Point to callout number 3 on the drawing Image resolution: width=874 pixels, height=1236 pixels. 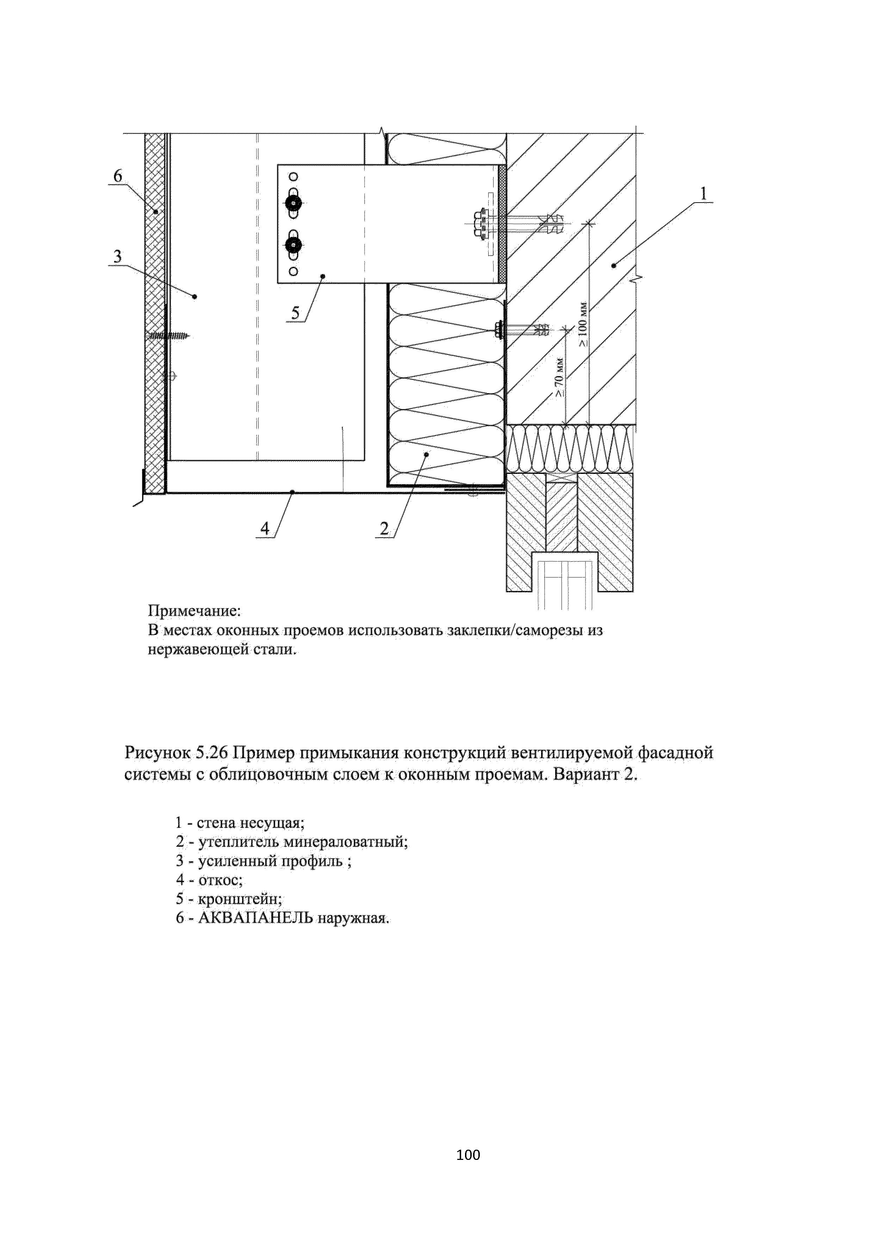click(x=117, y=256)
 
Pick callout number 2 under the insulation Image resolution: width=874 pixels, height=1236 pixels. click(x=384, y=529)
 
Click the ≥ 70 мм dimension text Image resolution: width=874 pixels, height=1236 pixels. click(x=560, y=377)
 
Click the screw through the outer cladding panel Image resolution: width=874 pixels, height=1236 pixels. click(x=168, y=336)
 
